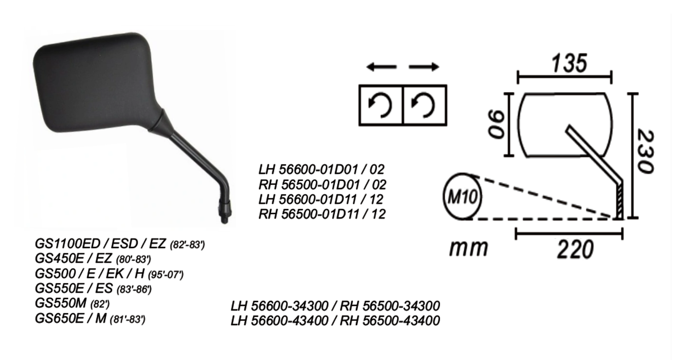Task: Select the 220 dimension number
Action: coord(575,250)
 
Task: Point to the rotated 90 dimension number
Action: coord(497,125)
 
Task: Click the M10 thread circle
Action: coord(462,197)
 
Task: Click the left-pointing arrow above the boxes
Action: coord(381,67)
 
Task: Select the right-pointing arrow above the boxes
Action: coord(424,67)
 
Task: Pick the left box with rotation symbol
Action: coord(380,105)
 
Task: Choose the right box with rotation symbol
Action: coord(425,105)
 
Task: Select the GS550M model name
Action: coord(60,303)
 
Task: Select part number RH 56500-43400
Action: coord(390,321)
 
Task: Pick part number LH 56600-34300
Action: coord(279,306)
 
